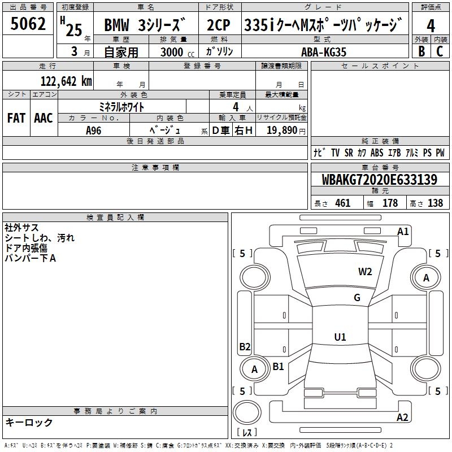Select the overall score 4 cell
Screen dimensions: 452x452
pyautogui.click(x=431, y=25)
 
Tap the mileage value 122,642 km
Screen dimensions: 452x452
pyautogui.click(x=66, y=81)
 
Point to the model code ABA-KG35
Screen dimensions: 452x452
pyautogui.click(x=324, y=52)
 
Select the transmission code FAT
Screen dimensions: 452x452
pyautogui.click(x=16, y=118)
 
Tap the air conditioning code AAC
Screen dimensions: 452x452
pyautogui.click(x=44, y=118)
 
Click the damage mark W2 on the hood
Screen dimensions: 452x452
pyautogui.click(x=365, y=271)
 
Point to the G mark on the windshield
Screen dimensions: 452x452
pyautogui.click(x=357, y=298)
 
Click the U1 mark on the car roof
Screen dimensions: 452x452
pyautogui.click(x=340, y=337)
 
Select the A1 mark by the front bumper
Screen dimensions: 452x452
pyautogui.click(x=403, y=231)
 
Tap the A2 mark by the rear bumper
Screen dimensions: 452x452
pyautogui.click(x=402, y=418)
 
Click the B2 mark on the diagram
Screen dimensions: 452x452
pyautogui.click(x=245, y=346)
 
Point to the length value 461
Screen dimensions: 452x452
pyautogui.click(x=342, y=203)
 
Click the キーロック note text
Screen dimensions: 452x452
pyautogui.click(x=29, y=422)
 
